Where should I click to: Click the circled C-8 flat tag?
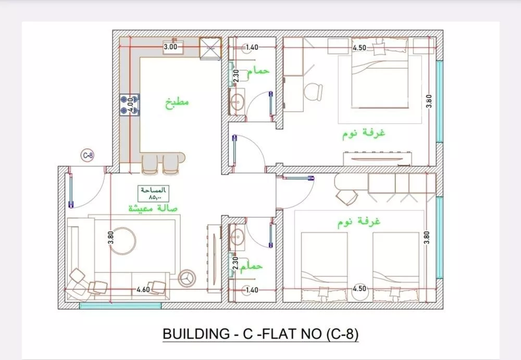point(88,155)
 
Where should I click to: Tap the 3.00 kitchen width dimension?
point(170,47)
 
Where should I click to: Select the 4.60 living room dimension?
point(143,290)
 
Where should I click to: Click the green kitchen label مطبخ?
point(177,102)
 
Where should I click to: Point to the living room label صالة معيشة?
point(153,208)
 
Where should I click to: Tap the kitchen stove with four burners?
point(130,105)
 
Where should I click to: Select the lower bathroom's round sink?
point(237,238)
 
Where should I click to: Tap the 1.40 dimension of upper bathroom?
point(252,47)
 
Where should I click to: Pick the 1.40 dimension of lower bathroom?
point(251,290)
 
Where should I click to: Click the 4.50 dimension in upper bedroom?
point(359,48)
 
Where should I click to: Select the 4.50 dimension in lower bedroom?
point(359,289)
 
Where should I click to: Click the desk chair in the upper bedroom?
point(313,91)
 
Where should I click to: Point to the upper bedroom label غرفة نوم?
point(364,133)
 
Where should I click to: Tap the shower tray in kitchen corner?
point(210,48)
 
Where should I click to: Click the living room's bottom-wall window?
point(120,306)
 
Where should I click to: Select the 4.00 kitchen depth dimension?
point(131,105)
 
